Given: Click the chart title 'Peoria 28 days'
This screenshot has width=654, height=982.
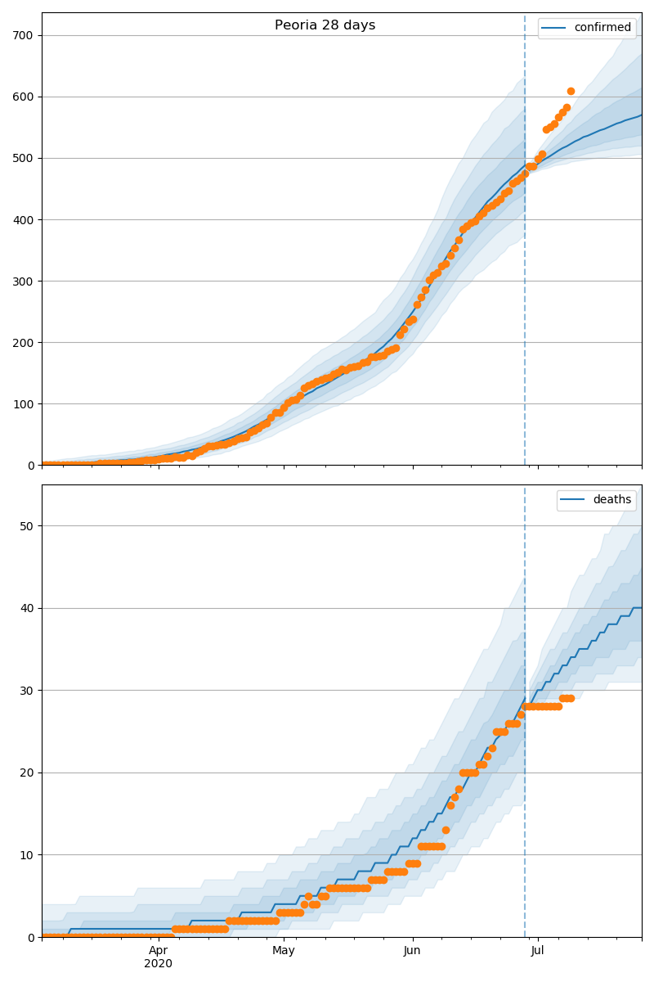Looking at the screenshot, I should (x=325, y=25).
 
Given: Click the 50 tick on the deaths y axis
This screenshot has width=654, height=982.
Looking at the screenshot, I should (x=28, y=525).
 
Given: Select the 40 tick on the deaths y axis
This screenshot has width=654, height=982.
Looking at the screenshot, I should (x=28, y=608).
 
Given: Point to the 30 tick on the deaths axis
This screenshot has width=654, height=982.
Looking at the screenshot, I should (x=28, y=690).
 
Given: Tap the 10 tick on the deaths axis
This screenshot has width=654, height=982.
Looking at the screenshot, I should (x=28, y=854).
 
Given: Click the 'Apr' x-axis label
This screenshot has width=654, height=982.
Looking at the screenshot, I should (x=158, y=951).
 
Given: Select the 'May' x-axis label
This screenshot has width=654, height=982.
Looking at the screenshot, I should (x=284, y=951).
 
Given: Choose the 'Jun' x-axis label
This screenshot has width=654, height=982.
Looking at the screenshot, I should (x=412, y=951).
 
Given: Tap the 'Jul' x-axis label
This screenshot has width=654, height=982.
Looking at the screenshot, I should (x=537, y=951).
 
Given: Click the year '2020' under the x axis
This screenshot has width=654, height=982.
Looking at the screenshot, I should (x=158, y=964).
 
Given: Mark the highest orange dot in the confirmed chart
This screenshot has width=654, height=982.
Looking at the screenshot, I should (x=571, y=91).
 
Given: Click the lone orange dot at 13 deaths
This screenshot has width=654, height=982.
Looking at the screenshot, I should (x=446, y=830).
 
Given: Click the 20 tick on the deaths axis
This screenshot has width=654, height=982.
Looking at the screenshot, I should (x=28, y=773).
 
